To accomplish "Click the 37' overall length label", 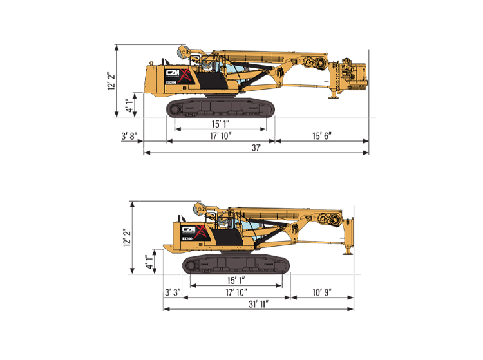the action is point(256,147).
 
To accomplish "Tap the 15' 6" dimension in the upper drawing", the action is point(322,136).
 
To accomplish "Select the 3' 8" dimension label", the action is point(129,136).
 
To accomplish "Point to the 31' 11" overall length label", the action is point(259,304).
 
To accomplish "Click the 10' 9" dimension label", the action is point(322,292).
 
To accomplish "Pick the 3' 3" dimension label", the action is point(173,292).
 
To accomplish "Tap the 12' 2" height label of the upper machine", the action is point(111,81).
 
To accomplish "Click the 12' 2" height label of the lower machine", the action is point(127,238).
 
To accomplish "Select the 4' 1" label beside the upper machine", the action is point(129,106).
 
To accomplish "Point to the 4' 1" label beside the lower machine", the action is point(149,261).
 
